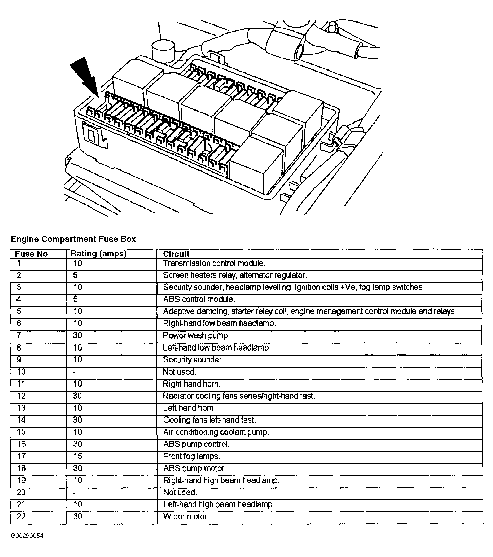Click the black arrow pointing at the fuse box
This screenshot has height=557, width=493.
coord(84,77)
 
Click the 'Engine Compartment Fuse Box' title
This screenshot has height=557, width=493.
coord(73,239)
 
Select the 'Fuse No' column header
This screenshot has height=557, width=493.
coord(31,254)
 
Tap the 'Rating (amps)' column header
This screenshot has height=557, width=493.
coord(98,254)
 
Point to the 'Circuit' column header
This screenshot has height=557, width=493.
coord(176,254)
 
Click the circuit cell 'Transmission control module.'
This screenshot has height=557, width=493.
coord(214,263)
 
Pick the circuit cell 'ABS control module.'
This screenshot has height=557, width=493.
coord(199,299)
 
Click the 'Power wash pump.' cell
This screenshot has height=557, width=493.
coord(196,336)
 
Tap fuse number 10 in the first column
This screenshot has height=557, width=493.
coord(21,372)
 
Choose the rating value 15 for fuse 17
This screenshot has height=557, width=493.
coord(78,456)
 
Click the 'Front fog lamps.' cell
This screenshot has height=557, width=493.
coord(191,456)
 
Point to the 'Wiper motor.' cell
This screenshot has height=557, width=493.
coord(186,516)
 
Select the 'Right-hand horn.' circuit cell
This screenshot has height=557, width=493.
coord(191,384)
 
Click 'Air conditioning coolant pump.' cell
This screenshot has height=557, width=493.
coord(216,432)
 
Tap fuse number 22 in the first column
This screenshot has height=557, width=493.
coord(21,516)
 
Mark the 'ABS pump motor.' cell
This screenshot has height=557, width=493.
coord(195,468)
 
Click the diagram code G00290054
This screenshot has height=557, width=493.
coord(27,536)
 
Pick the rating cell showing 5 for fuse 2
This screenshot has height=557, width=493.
coord(75,275)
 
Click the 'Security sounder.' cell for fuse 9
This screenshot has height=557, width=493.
coord(193,359)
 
